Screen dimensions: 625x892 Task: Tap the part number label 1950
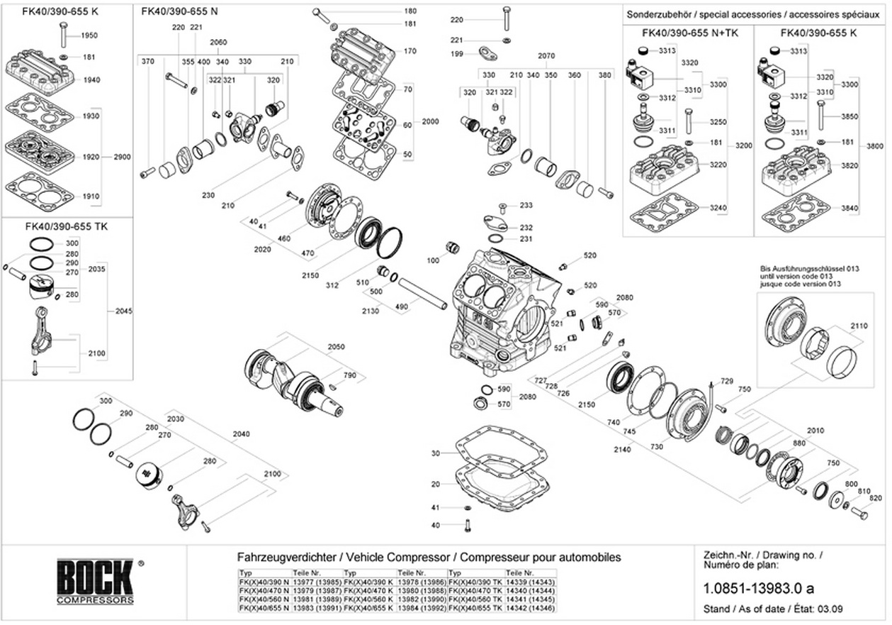pyautogui.click(x=89, y=35)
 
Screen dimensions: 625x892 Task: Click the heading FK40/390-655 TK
pyautogui.click(x=66, y=226)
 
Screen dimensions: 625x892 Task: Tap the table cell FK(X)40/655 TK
pyautogui.click(x=475, y=608)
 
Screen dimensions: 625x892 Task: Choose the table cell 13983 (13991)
pyautogui.click(x=317, y=608)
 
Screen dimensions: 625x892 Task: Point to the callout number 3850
pyautogui.click(x=849, y=116)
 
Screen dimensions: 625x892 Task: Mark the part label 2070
pyautogui.click(x=546, y=55)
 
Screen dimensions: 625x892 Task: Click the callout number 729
pyautogui.click(x=727, y=381)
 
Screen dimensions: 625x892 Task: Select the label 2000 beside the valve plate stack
pyautogui.click(x=431, y=121)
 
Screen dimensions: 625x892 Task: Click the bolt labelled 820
pyautogui.click(x=859, y=514)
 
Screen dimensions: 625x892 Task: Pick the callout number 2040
pyautogui.click(x=242, y=434)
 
